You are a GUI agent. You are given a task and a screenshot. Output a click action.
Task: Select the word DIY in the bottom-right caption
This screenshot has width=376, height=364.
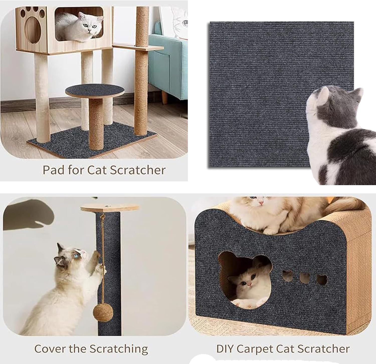pos(225,349)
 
